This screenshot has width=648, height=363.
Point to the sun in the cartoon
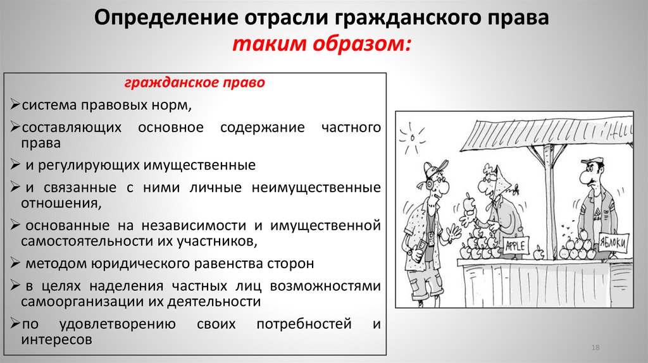point(414,135)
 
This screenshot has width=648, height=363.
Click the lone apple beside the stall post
point(539,255)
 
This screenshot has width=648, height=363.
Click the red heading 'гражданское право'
point(195,83)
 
